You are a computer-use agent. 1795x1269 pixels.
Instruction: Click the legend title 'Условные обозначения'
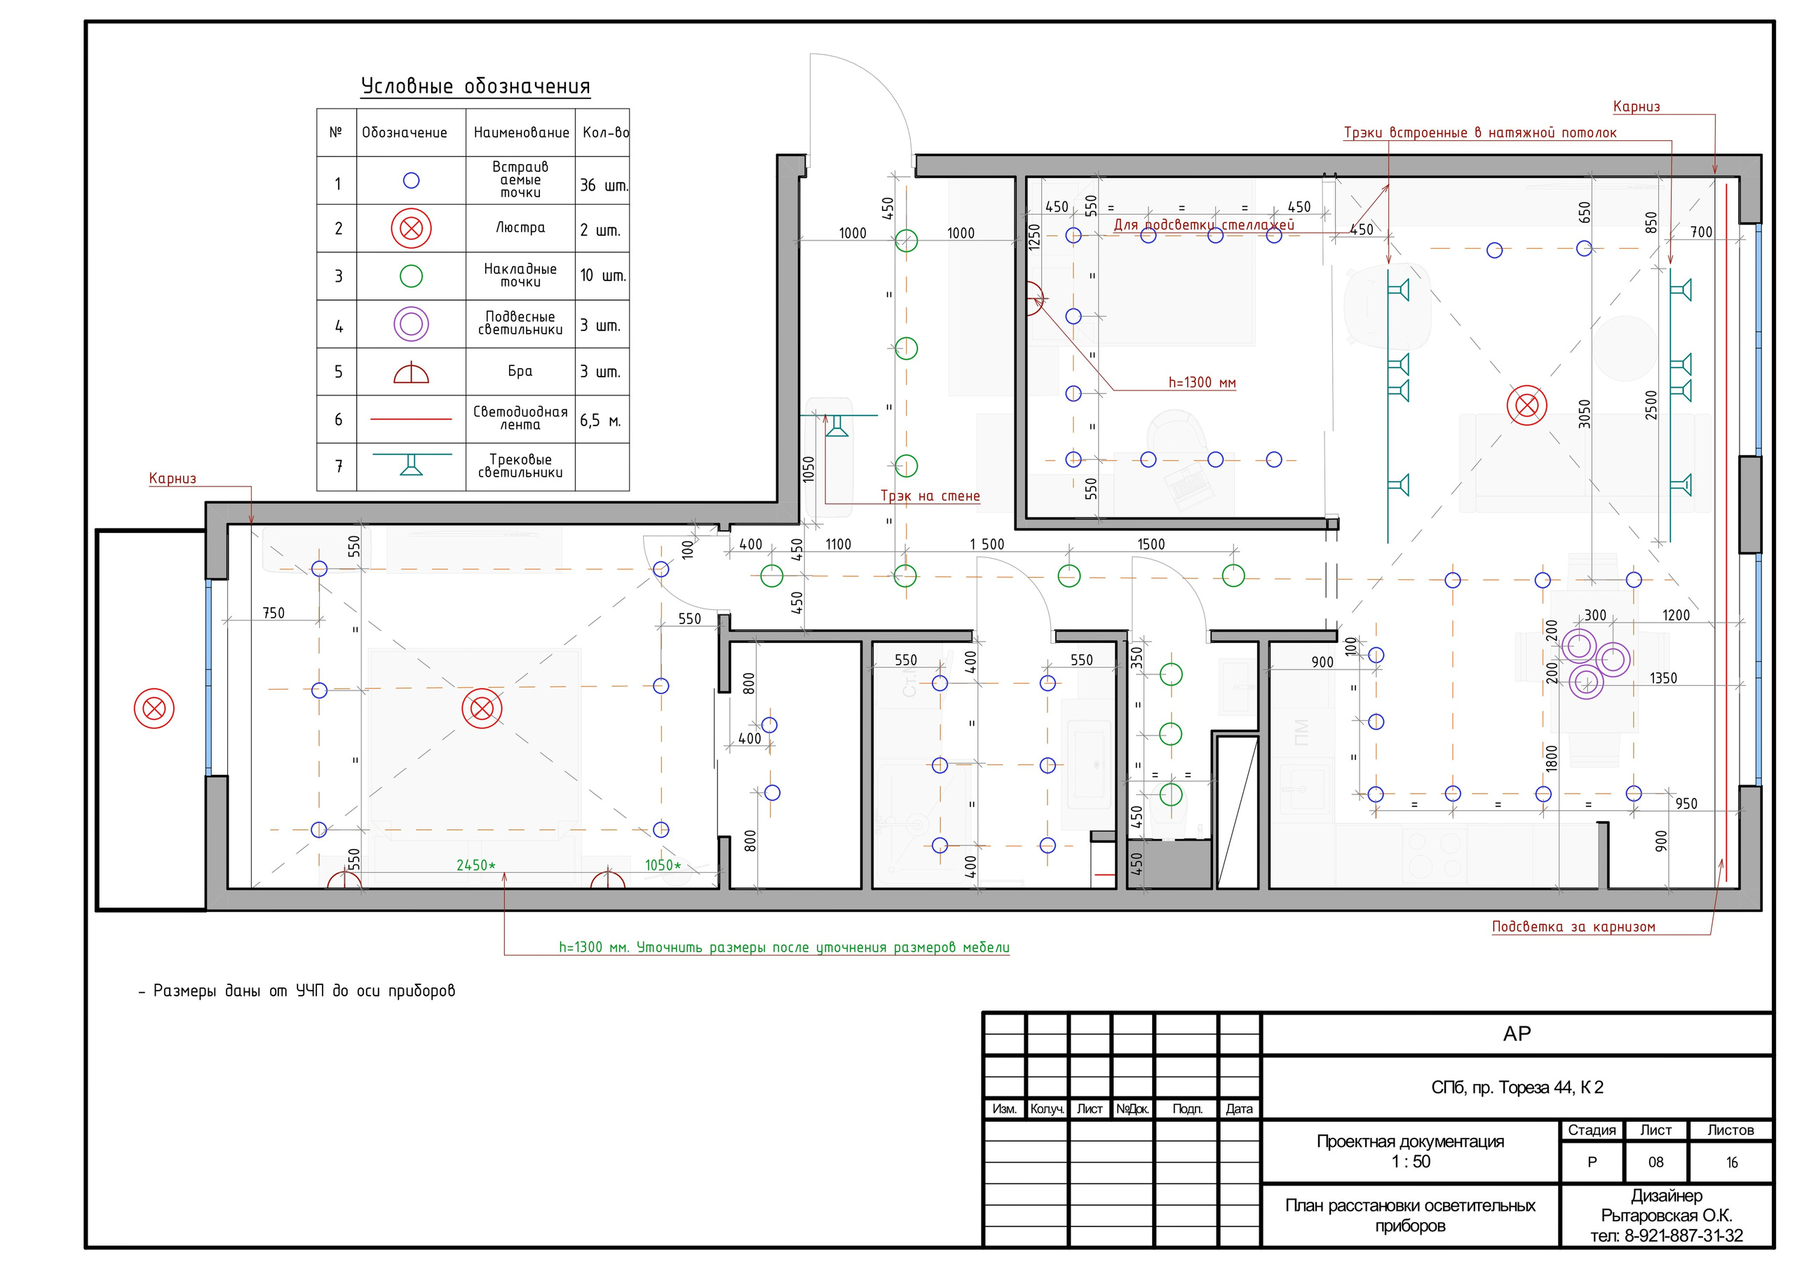tap(475, 86)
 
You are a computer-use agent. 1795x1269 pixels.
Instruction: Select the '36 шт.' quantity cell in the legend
tap(603, 185)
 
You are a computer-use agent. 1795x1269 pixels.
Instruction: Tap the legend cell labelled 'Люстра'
tap(520, 228)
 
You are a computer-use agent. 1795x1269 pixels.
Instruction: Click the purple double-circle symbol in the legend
tap(411, 324)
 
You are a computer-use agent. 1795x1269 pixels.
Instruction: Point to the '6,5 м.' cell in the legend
tap(600, 421)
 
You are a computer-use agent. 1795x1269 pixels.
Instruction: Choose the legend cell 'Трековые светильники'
tap(520, 466)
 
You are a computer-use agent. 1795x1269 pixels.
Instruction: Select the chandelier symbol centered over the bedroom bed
tap(482, 710)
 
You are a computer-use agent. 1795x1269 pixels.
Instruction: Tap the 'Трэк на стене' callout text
tap(930, 496)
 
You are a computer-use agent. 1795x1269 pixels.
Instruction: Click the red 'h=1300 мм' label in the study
tap(1202, 382)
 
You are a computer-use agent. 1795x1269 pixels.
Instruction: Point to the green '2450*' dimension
tap(475, 864)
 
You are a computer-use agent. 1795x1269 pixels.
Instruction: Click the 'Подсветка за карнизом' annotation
tap(1573, 927)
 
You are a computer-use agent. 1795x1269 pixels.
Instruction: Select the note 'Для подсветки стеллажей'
tap(1203, 225)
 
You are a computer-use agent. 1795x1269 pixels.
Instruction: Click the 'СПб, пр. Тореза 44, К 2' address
tap(1517, 1087)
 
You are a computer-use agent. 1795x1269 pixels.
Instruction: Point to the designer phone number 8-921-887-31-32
tap(1667, 1236)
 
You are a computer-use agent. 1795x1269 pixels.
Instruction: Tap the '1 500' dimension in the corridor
tap(987, 544)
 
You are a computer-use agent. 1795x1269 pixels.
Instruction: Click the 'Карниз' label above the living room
tap(1637, 107)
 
